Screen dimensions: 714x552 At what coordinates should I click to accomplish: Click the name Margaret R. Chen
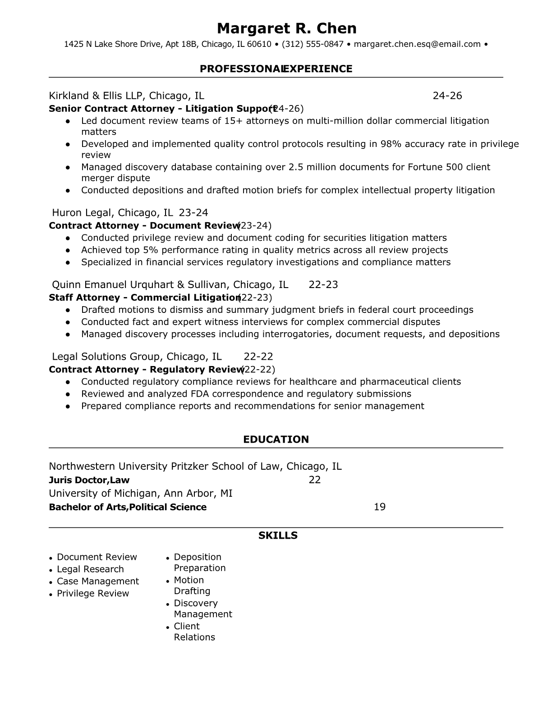click(x=286, y=28)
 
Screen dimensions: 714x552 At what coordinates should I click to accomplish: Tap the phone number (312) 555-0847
click(x=313, y=44)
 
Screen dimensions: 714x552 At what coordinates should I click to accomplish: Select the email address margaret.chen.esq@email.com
click(x=417, y=44)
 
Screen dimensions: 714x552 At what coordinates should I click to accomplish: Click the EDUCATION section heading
click(x=276, y=439)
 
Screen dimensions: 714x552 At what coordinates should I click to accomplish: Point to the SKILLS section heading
click(x=278, y=535)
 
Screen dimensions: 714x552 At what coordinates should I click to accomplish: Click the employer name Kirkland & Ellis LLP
click(x=96, y=96)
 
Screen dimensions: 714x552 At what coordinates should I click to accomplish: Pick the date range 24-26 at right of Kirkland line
click(x=447, y=96)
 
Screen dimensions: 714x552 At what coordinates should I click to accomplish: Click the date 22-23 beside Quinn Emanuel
click(x=323, y=285)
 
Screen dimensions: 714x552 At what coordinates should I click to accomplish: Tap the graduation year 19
click(x=380, y=507)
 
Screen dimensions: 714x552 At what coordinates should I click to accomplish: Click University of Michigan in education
click(x=103, y=494)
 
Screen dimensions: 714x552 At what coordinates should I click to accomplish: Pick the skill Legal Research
click(x=90, y=569)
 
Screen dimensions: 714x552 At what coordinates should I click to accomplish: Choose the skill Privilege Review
click(x=93, y=594)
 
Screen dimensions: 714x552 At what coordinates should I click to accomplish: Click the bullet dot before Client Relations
click(x=168, y=627)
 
